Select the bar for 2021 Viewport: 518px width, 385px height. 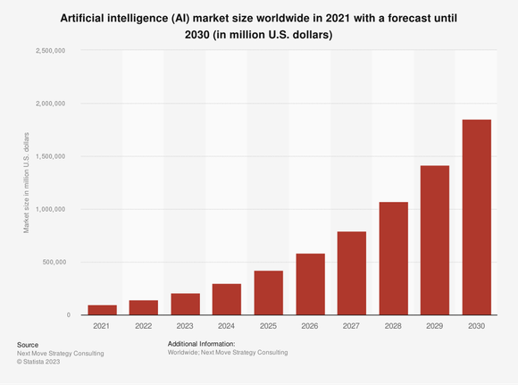tap(102, 310)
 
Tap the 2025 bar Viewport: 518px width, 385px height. tap(268, 292)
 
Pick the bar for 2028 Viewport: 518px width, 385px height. tap(393, 258)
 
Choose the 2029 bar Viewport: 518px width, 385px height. tap(434, 240)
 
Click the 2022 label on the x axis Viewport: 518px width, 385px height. tap(143, 327)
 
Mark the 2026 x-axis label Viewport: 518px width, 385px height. tap(310, 327)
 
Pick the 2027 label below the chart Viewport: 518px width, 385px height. tap(351, 327)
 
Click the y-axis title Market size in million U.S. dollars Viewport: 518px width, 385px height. tap(28, 182)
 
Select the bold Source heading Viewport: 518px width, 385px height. tap(28, 344)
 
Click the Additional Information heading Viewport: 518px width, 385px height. tap(201, 344)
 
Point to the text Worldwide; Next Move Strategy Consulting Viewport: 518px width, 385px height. tap(228, 353)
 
